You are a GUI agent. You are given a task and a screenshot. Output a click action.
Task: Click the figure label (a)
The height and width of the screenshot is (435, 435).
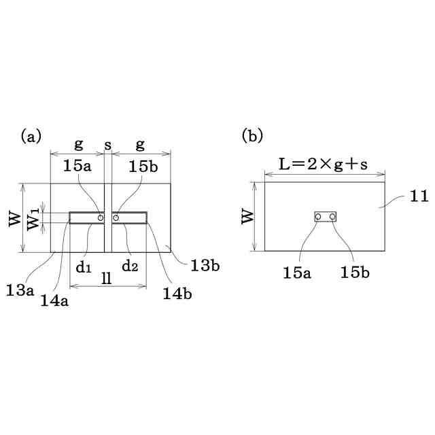[x=31, y=136]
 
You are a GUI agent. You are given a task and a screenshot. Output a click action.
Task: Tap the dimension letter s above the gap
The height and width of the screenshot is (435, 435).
[x=108, y=145]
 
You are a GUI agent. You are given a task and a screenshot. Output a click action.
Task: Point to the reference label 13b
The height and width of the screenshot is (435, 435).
[x=204, y=266]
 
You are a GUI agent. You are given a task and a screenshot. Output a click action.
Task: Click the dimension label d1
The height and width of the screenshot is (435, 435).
[x=84, y=266]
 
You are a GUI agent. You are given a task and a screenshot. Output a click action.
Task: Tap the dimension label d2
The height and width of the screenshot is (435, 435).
[x=130, y=266]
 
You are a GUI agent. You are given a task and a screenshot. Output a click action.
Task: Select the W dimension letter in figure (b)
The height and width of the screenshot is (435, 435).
[x=247, y=216]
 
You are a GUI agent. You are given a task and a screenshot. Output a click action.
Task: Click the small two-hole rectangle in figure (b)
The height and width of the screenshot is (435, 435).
[x=325, y=217]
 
